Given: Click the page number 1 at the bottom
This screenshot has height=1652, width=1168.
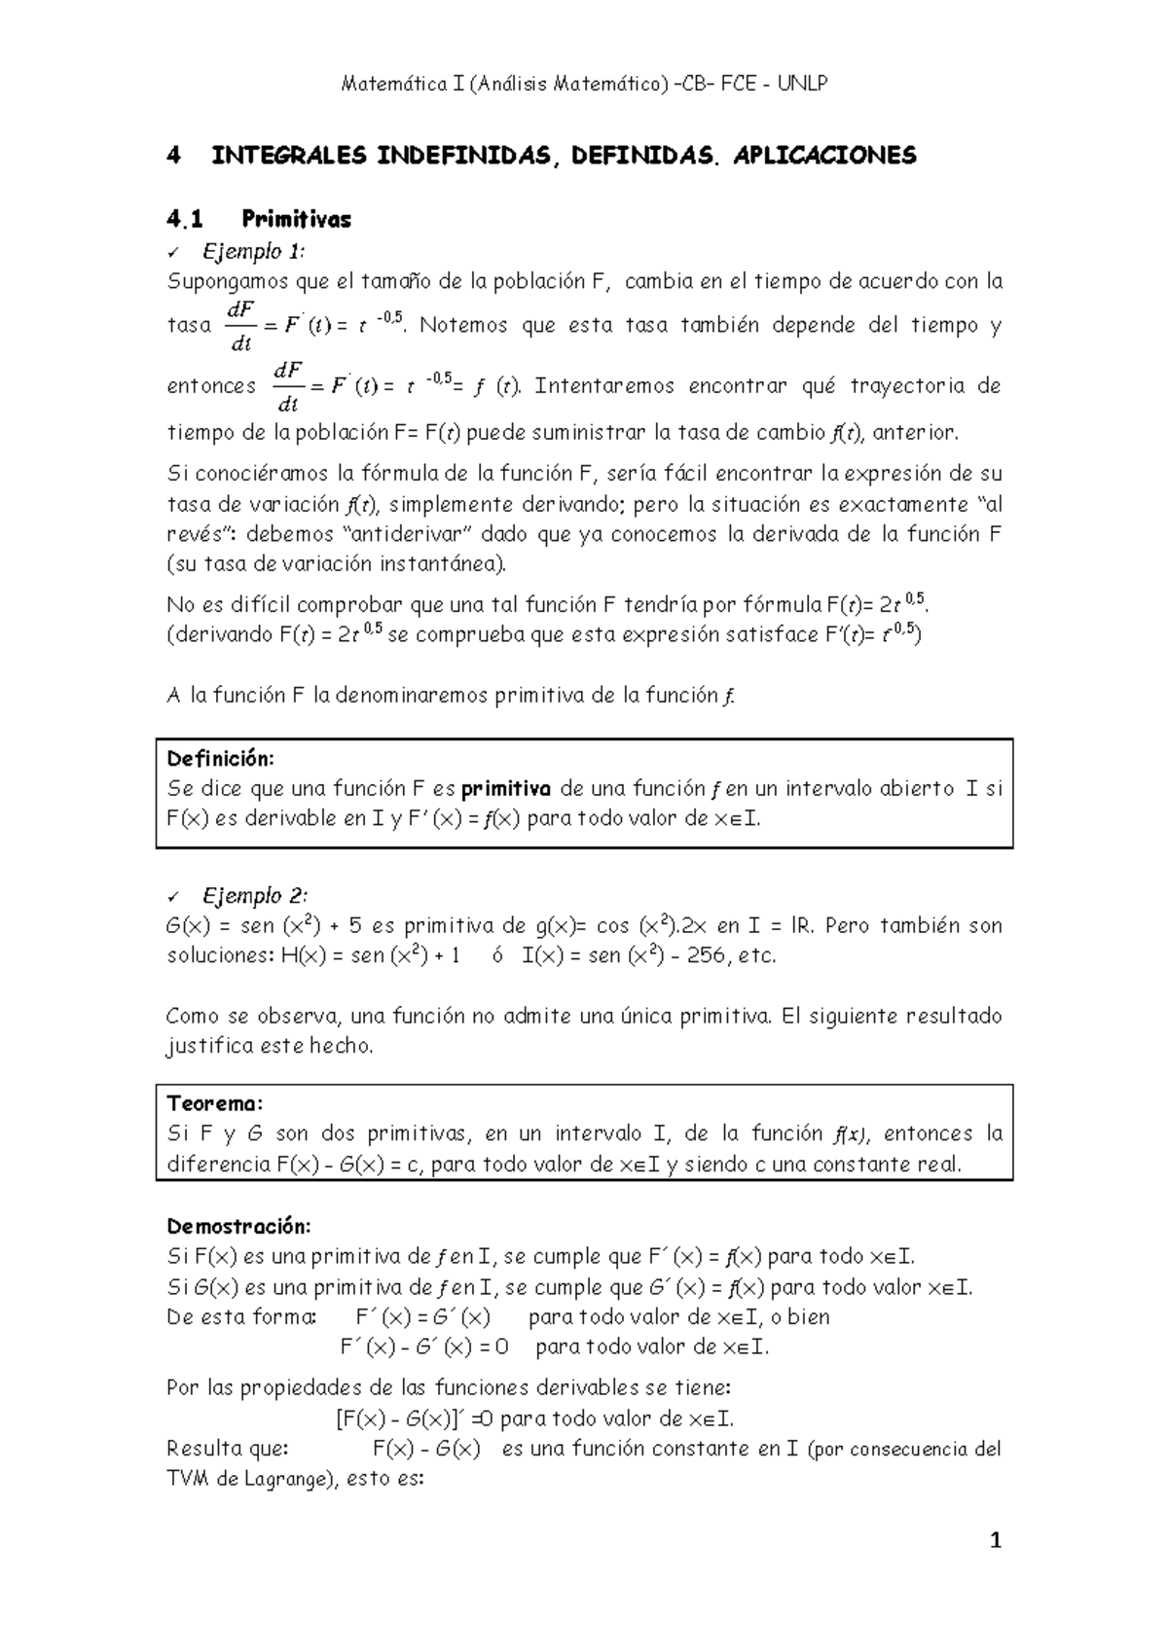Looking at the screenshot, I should (x=995, y=1541).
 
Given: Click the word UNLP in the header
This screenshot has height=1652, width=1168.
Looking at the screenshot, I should (x=804, y=84).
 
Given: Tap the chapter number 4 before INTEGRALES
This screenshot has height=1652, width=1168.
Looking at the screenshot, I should (x=174, y=156).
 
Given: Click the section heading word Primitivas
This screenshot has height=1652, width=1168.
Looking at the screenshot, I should (x=296, y=219).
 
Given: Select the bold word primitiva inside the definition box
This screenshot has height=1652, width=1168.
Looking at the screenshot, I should (x=506, y=788).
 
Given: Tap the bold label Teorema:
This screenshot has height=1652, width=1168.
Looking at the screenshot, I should (x=214, y=1103).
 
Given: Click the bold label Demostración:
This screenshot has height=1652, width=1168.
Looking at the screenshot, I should (x=238, y=1225).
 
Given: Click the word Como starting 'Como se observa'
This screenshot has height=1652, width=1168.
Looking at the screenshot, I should (x=193, y=1017).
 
